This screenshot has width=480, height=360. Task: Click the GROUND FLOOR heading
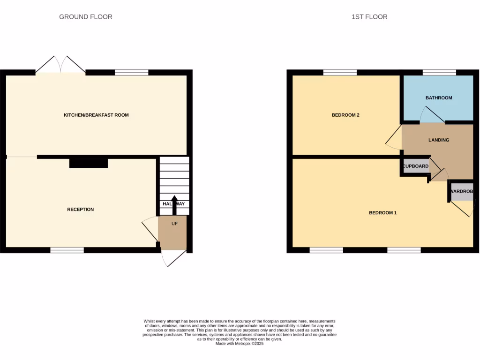point(85,17)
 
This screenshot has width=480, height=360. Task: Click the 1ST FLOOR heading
point(369,17)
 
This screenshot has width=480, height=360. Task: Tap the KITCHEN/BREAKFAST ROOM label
point(96,115)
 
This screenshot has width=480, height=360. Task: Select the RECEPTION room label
point(80,210)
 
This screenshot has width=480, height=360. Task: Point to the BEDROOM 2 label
point(345,115)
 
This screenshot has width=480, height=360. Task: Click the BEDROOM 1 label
point(382,213)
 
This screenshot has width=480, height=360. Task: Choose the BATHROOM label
point(439,98)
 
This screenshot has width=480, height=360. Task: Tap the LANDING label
point(439,140)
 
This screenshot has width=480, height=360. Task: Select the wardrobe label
point(462,192)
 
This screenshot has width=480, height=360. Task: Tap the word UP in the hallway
point(174,224)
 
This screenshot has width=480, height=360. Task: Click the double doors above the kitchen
point(60,65)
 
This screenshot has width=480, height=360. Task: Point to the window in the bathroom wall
point(439,72)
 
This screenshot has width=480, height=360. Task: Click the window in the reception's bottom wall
point(67,250)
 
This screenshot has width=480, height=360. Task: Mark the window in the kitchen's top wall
point(132,72)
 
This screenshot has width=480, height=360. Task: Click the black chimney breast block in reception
point(89,163)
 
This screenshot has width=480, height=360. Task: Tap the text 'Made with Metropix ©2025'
point(240,344)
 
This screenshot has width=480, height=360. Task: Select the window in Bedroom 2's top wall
point(340,72)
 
